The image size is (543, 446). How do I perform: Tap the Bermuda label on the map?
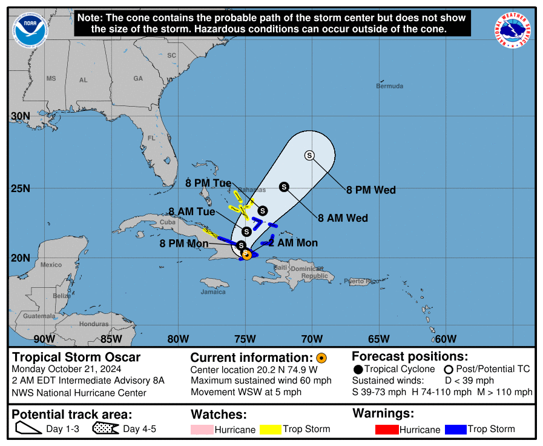[389, 86]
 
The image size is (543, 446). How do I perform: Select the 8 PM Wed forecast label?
[370, 190]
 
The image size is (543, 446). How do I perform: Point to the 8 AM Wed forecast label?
[343, 218]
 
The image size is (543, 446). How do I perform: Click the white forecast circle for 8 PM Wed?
[310, 156]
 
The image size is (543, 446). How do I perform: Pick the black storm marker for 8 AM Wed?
[284, 187]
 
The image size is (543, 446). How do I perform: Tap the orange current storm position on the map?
[247, 255]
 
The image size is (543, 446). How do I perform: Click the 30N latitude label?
[21, 116]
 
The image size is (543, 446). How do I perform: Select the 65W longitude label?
[378, 339]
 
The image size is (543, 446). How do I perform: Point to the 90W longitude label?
[44, 339]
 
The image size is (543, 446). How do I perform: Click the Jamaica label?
[212, 292]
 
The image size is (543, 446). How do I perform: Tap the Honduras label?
[94, 324]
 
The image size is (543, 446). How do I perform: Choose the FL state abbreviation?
[151, 138]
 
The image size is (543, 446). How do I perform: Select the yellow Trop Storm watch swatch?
[271, 430]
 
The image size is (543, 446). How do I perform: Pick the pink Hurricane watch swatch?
[203, 430]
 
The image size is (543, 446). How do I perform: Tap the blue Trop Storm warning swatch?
[455, 430]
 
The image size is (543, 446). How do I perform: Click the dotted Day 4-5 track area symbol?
[105, 430]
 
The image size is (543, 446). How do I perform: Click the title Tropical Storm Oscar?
[76, 358]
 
